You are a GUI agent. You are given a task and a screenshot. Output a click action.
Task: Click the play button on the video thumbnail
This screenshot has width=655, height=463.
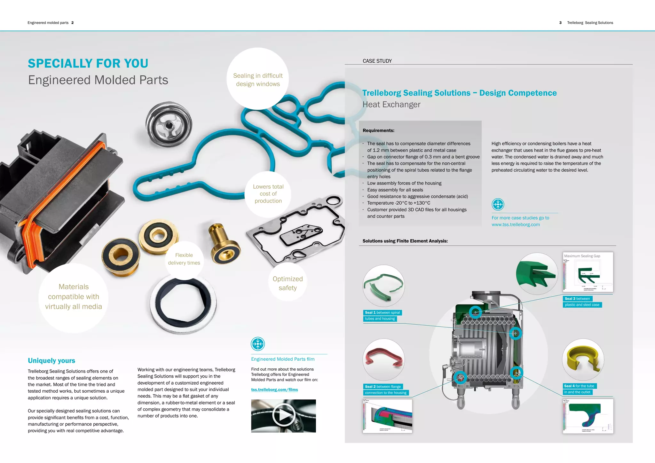coord(283,415)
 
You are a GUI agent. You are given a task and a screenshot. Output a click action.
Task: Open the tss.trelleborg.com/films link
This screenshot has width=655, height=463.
coord(274,390)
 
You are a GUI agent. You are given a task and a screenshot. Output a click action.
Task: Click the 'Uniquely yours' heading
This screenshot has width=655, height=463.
coord(51,361)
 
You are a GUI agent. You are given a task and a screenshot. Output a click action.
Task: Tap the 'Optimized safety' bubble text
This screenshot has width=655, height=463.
coord(288,283)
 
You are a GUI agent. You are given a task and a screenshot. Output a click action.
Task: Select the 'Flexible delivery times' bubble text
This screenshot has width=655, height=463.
coord(184,259)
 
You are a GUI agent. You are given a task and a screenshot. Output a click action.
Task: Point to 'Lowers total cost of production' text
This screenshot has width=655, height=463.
coord(268,194)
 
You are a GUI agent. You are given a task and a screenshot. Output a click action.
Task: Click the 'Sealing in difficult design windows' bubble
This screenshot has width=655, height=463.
coord(258,80)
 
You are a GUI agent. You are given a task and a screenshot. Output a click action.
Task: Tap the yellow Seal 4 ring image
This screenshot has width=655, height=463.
coord(583,360)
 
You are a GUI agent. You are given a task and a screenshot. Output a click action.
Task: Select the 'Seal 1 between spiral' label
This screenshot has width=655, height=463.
coord(383,313)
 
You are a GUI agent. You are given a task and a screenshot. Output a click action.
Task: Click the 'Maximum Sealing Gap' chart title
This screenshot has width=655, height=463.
coord(582,256)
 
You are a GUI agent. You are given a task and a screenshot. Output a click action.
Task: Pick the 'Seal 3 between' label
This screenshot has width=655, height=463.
coord(577,299)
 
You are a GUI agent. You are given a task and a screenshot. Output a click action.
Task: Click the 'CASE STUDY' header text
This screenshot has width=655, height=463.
coord(377,61)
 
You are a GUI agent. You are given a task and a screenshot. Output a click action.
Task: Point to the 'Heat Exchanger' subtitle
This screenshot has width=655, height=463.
coord(391,105)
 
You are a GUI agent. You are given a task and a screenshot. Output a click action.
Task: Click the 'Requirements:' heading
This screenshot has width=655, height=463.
coord(378,130)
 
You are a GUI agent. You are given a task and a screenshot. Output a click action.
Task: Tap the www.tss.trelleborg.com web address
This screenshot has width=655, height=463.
coord(516,225)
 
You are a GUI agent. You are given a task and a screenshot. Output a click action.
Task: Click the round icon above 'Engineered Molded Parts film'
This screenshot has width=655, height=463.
coord(258,344)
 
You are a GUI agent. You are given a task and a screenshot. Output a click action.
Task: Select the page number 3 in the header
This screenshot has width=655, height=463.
coord(560,23)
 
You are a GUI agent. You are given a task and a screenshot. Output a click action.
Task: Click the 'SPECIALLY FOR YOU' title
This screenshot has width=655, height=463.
coord(88,63)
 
